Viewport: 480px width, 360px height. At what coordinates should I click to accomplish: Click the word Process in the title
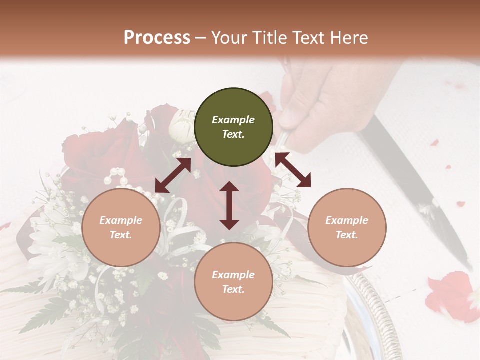(157, 38)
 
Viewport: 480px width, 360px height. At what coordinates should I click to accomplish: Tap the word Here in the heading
(347, 38)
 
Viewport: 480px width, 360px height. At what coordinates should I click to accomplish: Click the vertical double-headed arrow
(229, 205)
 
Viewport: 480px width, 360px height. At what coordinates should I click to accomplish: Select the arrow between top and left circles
(173, 175)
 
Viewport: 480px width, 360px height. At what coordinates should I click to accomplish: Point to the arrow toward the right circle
(293, 170)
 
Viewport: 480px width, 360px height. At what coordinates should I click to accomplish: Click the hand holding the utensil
(320, 105)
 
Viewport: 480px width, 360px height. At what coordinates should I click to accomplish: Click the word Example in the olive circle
(233, 120)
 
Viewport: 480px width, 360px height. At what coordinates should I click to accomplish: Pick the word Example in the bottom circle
(233, 275)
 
